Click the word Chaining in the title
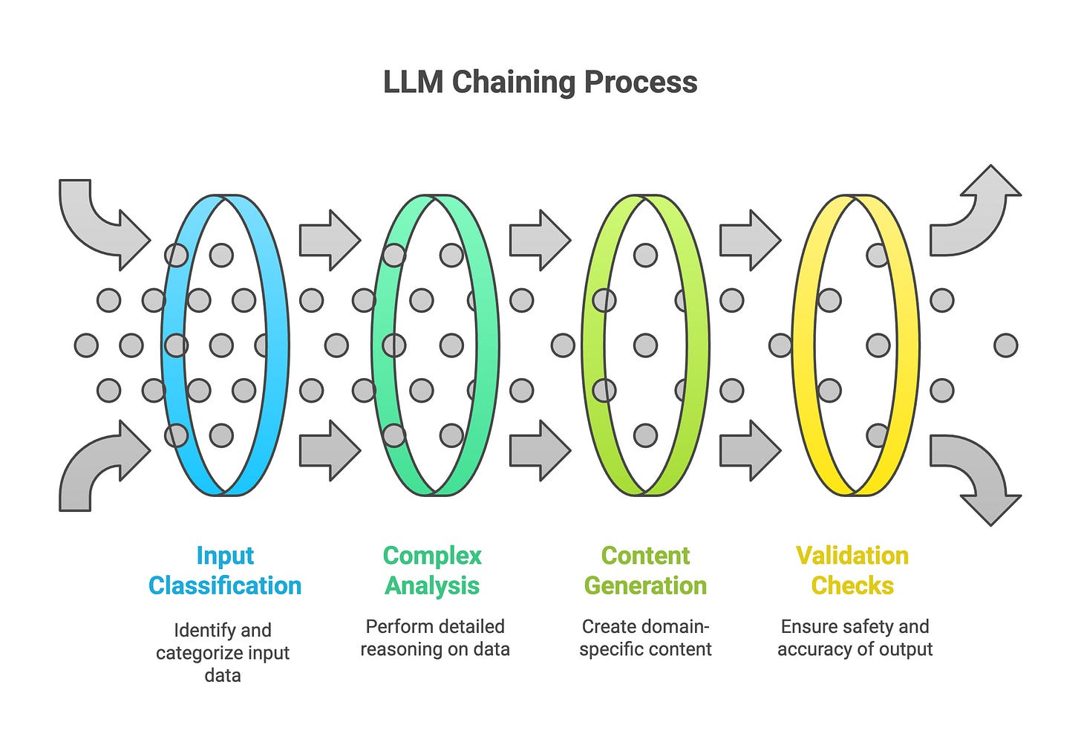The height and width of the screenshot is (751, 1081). (514, 82)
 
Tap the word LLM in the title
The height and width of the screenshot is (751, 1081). (413, 82)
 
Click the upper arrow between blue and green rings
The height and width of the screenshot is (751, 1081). (330, 240)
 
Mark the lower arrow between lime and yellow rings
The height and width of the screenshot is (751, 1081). (751, 451)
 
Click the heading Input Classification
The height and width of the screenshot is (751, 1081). (225, 570)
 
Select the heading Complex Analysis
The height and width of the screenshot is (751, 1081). (432, 570)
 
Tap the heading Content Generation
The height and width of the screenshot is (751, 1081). (646, 570)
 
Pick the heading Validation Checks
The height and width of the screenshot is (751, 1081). (853, 570)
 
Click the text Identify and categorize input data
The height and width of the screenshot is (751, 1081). (223, 652)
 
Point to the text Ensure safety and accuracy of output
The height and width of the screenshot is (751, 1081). (855, 638)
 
